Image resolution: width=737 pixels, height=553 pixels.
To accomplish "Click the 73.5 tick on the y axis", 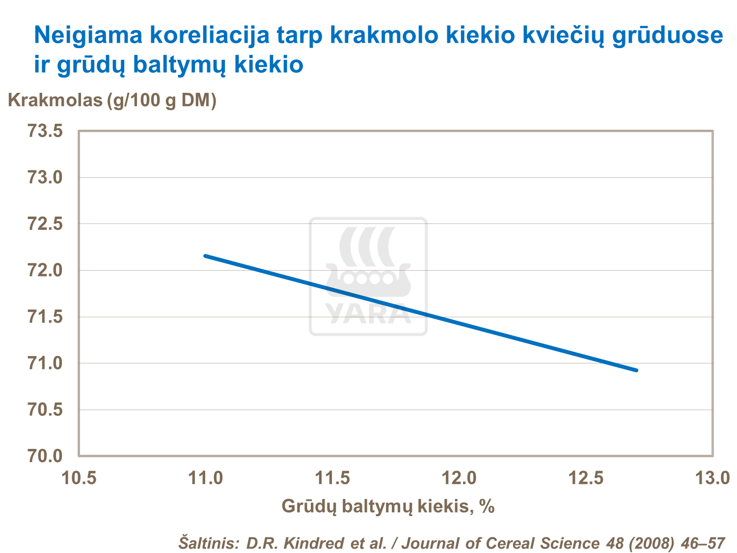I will click(45, 131).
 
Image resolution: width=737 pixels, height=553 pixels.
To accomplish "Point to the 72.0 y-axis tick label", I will click(45, 270).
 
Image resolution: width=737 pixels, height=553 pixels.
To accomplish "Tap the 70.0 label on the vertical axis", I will click(45, 456).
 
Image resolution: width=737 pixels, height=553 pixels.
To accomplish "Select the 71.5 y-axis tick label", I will click(45, 317).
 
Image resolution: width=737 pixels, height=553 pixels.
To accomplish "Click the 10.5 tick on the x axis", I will click(79, 478).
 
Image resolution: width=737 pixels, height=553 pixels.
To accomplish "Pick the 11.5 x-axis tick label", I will click(332, 478).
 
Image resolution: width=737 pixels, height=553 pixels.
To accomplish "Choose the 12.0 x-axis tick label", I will click(459, 478).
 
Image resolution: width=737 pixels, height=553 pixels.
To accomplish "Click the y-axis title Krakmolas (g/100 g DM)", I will click(112, 100).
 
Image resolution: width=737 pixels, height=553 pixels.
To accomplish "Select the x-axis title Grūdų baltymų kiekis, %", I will click(388, 506).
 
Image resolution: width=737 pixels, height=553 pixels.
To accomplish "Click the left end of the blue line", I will click(205, 256).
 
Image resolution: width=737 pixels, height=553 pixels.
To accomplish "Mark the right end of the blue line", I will click(636, 370).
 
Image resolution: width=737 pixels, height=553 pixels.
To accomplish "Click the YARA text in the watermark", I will click(368, 314).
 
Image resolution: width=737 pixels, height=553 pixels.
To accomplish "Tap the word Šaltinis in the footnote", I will click(208, 543).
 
